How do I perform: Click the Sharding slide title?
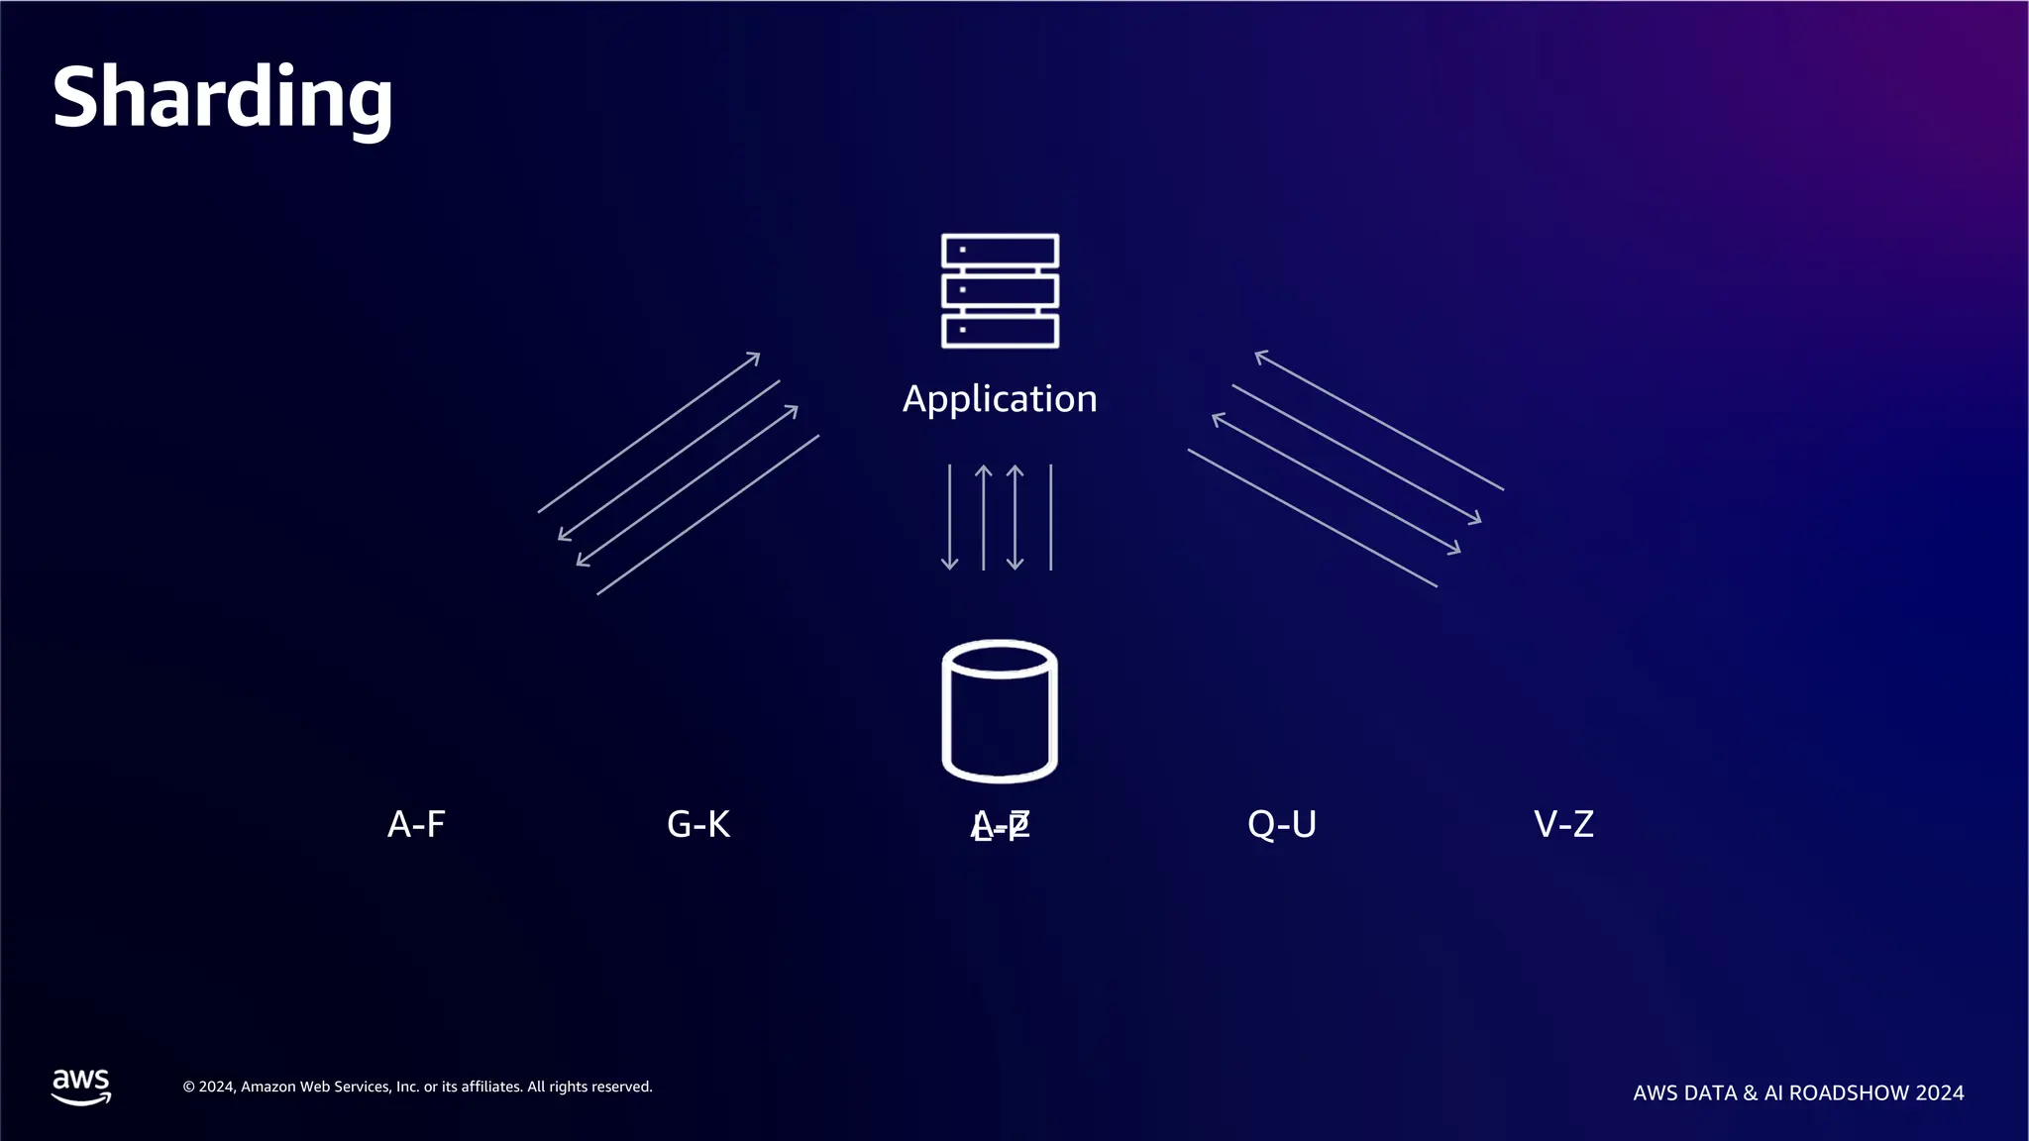[x=222, y=97]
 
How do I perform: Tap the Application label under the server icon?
[x=1000, y=399]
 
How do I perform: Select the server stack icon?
[x=1000, y=290]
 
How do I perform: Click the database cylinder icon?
[x=1000, y=711]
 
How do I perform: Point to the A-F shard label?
[x=416, y=824]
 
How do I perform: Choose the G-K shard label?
[x=698, y=824]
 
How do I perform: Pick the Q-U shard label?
[x=1281, y=824]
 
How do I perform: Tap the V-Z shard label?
[x=1563, y=824]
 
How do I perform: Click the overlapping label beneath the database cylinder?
[x=1001, y=825]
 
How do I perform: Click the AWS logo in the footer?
[x=81, y=1087]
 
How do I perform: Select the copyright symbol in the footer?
[x=188, y=1088]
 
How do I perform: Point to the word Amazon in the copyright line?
[x=267, y=1088]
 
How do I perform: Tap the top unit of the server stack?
[x=1000, y=251]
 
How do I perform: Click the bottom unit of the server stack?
[x=1000, y=331]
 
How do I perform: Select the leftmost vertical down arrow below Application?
[x=949, y=517]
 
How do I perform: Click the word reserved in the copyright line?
[x=621, y=1088]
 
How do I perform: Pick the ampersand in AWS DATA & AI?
[x=1750, y=1093]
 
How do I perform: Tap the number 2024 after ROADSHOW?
[x=1940, y=1093]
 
